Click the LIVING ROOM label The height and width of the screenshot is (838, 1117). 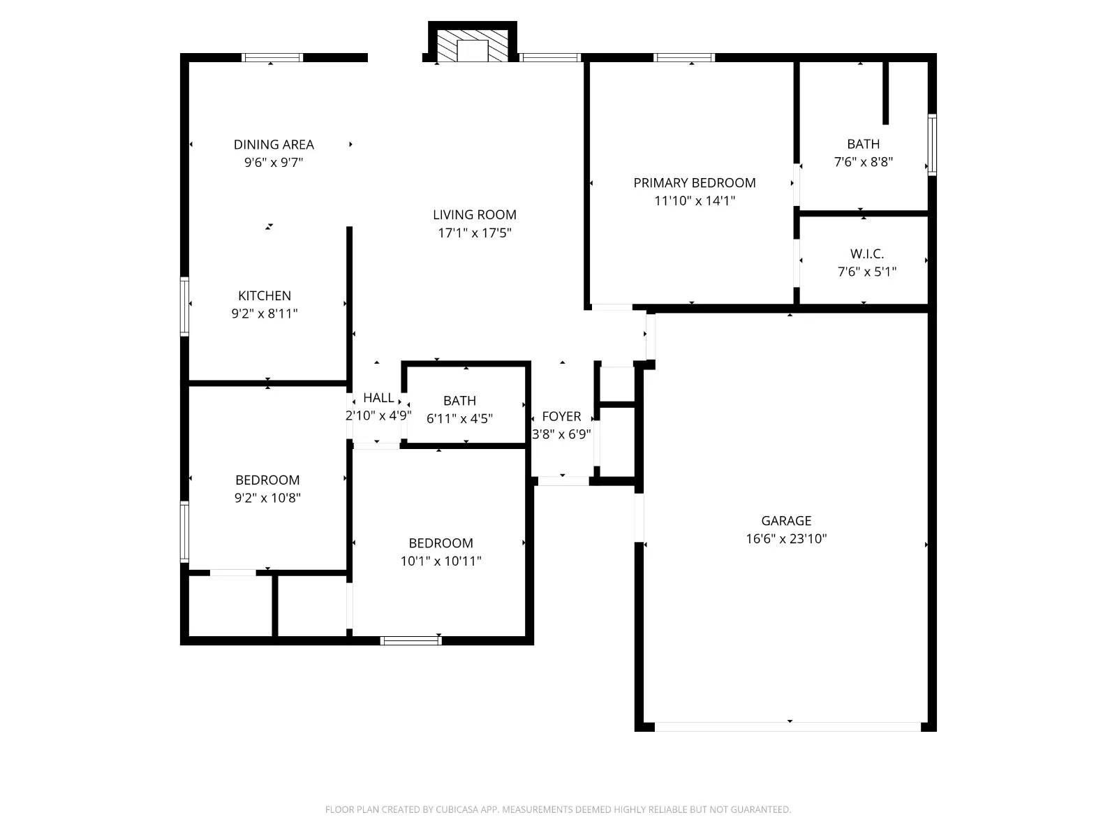(474, 215)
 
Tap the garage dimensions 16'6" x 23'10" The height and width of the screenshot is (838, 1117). (786, 539)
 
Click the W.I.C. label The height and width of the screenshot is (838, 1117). (866, 254)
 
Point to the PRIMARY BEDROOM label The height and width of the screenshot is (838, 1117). (694, 183)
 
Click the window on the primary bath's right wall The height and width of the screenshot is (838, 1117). (931, 145)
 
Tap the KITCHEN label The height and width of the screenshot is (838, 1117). (265, 296)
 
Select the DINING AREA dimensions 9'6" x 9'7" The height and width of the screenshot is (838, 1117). (273, 163)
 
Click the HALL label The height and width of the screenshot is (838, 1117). (378, 398)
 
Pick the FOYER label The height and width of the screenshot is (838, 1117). (561, 417)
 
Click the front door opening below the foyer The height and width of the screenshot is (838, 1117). (563, 480)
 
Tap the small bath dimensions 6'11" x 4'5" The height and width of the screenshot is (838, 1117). (459, 419)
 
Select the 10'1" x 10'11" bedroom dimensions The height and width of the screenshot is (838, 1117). (441, 561)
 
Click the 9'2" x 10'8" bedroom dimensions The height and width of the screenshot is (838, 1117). (267, 498)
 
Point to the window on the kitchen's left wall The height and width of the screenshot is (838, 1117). (185, 307)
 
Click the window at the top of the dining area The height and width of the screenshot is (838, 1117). (272, 58)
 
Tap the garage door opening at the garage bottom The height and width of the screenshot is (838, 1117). (787, 727)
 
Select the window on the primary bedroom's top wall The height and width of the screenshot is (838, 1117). (683, 58)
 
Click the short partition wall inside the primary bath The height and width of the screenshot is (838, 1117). (885, 93)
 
